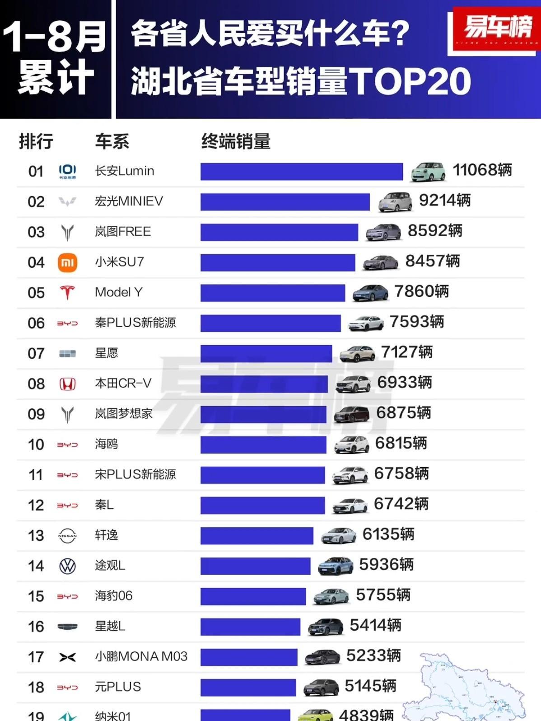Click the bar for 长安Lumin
pos(301,172)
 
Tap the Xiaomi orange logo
pos(67,262)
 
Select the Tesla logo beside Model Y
pos(67,293)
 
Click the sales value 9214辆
pos(445,200)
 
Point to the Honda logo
pos(67,384)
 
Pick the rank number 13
pos(36,536)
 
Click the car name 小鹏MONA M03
pos(141,656)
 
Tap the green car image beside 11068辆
pos(428,172)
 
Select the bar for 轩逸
pos(257,536)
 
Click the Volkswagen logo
pos(67,566)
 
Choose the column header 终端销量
pos(236,141)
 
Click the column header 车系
pos(112,141)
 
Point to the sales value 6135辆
pos(388,534)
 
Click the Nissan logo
pos(67,536)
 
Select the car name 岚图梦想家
pos(124,414)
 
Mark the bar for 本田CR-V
pos(264,384)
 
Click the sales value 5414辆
pos(375,626)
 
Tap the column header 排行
pos(36,141)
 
